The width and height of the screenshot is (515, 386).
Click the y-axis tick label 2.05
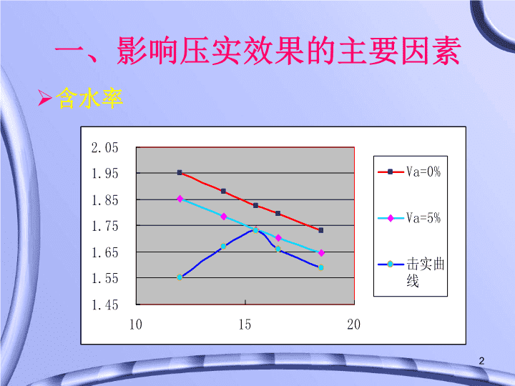104,148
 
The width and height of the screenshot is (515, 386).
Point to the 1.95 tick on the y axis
104,173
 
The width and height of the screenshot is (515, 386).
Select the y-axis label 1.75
104,226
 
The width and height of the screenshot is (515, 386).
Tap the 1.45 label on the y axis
104,305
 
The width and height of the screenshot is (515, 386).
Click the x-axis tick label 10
136,325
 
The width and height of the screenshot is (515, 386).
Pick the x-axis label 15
245,325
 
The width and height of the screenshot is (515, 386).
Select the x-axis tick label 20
354,325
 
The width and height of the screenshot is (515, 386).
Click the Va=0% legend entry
409,172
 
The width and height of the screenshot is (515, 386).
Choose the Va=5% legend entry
409,218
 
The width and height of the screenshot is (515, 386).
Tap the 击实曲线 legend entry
411,272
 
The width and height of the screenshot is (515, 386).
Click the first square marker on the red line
180,172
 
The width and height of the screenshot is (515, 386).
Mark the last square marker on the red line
321,230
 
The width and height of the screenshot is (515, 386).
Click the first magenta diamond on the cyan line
180,199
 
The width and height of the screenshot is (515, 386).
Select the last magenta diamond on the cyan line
321,253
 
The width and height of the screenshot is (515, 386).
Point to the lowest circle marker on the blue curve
180,277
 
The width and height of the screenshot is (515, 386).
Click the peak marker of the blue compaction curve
256,230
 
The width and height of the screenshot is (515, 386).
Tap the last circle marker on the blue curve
321,267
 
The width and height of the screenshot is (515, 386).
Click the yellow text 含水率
89,98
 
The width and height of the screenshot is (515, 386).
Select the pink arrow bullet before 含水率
44,98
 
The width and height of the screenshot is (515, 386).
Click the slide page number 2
481,361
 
